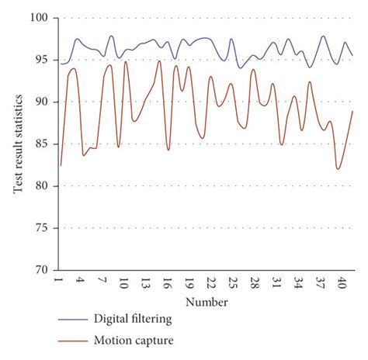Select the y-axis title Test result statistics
tap(18, 144)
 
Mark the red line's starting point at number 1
tap(61, 165)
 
